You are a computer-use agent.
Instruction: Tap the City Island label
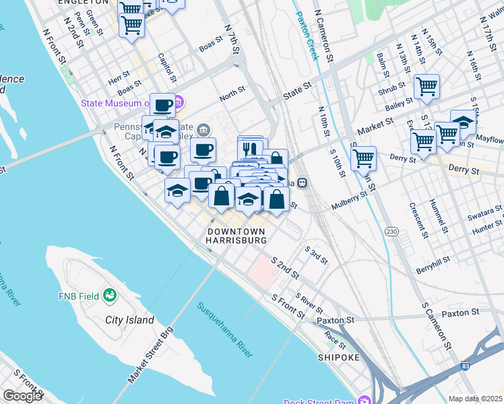pos(129,320)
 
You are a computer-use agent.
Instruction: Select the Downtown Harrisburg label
pos(235,235)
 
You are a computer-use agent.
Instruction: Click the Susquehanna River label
pos(225,331)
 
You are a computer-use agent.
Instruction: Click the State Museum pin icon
pos(179,103)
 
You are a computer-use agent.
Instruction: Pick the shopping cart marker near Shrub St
pos(427,86)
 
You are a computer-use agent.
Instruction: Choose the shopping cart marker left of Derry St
pos(363,158)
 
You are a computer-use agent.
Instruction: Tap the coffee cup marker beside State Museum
pos(162,104)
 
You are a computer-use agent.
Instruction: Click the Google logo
pos(22,396)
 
